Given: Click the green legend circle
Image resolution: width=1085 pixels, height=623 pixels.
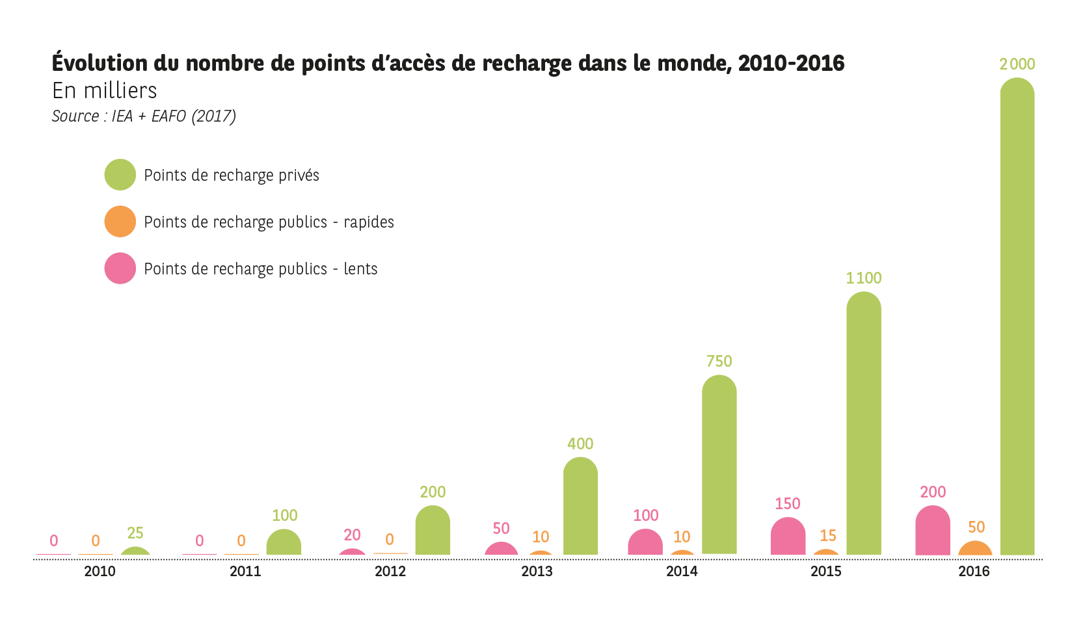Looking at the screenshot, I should point(120,175).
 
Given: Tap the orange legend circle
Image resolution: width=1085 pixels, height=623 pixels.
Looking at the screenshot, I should point(120,222).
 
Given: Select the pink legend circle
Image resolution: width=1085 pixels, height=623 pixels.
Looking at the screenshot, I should point(120,269).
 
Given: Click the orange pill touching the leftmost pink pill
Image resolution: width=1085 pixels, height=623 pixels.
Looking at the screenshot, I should point(109,540).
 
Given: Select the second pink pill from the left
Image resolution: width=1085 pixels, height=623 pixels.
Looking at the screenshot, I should point(217,540).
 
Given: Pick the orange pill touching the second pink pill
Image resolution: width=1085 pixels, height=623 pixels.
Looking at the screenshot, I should point(253,540).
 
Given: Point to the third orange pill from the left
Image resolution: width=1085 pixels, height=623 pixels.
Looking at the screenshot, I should point(400,538).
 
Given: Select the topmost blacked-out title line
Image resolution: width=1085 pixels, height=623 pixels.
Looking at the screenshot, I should point(520,63).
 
